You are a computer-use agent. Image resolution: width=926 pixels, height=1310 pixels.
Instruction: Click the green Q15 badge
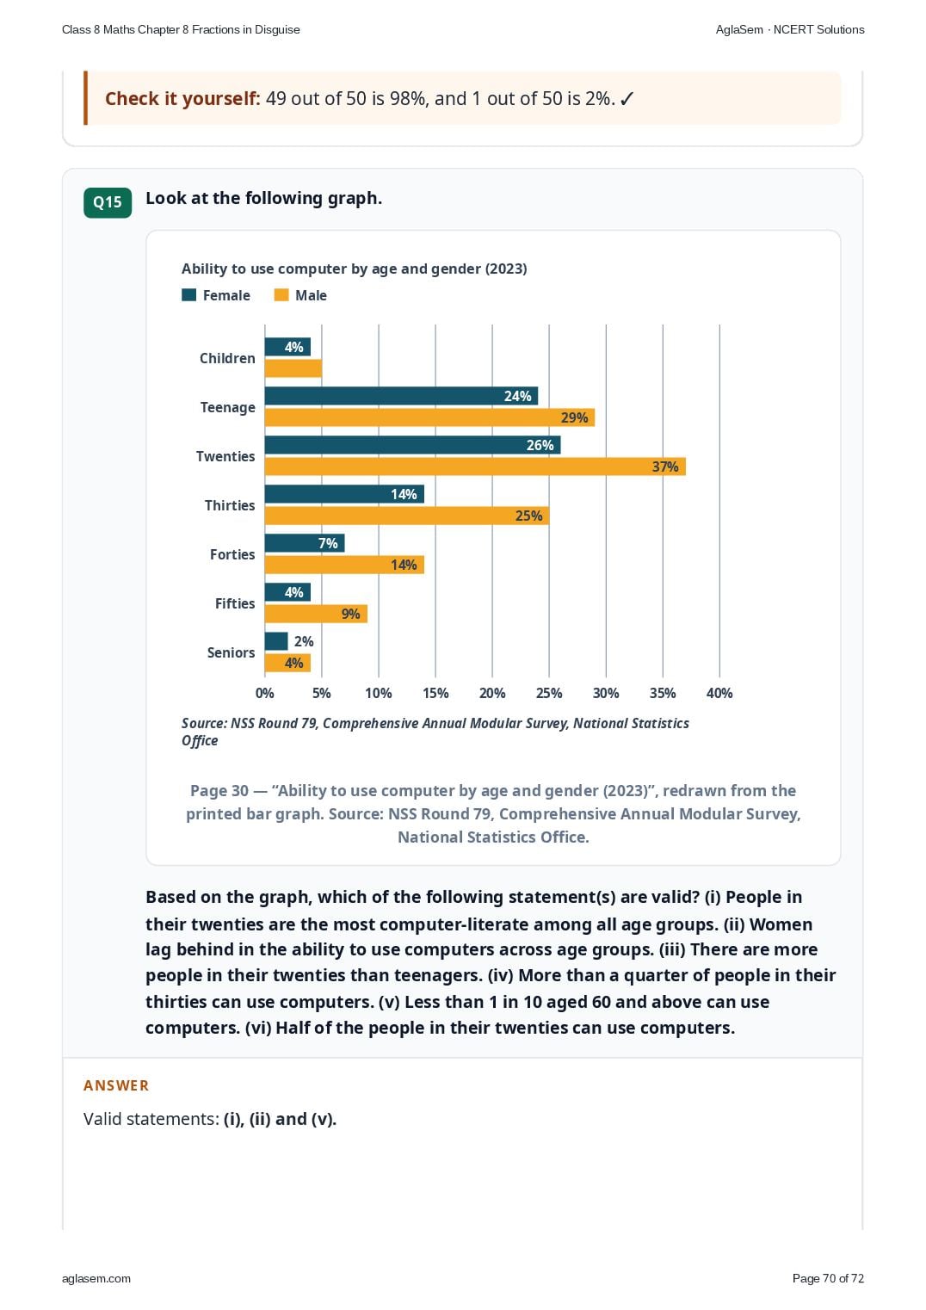point(108,202)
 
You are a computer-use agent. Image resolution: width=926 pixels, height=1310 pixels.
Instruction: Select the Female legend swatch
point(188,294)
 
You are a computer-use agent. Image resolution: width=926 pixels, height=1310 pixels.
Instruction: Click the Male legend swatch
point(281,294)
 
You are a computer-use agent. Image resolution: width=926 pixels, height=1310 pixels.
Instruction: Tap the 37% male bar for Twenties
point(475,467)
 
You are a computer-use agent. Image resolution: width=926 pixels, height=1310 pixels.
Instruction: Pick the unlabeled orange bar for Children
point(293,368)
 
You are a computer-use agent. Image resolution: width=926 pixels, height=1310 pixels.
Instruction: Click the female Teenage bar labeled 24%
point(401,396)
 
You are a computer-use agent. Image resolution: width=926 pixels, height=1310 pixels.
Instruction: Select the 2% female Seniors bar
point(276,641)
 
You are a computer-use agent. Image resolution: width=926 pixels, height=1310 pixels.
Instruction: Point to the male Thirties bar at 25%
point(407,516)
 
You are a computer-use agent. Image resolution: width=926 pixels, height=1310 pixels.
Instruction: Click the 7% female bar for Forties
point(305,543)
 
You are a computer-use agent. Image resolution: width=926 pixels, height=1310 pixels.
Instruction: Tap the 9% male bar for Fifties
point(316,614)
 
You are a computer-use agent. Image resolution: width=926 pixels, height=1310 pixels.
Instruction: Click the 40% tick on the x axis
point(719,693)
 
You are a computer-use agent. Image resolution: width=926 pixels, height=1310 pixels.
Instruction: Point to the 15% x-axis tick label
point(435,693)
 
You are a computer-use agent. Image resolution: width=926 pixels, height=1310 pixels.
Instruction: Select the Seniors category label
point(231,652)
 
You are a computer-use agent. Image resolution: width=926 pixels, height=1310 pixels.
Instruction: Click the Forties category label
point(232,553)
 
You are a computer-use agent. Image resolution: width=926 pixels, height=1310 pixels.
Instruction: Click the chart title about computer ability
point(354,269)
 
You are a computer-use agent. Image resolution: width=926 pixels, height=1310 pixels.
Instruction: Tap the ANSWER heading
point(115,1085)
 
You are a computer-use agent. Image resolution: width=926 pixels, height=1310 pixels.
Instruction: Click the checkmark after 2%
point(627,99)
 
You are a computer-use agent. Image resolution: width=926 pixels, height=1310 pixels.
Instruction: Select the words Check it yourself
point(182,99)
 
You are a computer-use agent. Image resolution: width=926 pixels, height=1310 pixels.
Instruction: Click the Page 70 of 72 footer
point(828,1278)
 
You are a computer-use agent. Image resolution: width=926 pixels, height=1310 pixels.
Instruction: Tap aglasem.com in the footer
point(96,1279)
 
